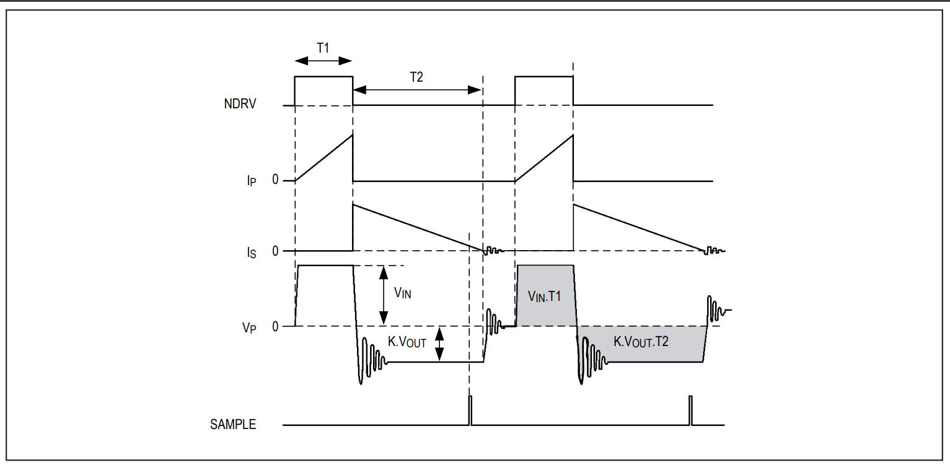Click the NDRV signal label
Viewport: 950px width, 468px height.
click(x=240, y=104)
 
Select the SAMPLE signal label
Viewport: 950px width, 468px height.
click(x=233, y=425)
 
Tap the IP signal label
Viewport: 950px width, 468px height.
click(x=252, y=181)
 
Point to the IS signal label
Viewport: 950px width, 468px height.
click(x=252, y=253)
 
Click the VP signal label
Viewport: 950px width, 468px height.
click(x=249, y=328)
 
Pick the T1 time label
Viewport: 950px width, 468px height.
click(x=323, y=48)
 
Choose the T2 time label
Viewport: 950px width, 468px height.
click(x=416, y=77)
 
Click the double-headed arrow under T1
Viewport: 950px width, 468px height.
click(x=323, y=61)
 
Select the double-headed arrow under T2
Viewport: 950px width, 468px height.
click(x=417, y=90)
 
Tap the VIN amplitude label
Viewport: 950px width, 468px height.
click(x=402, y=293)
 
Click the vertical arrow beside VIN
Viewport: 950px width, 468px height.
click(x=384, y=295)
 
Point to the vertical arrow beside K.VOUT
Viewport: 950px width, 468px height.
click(x=440, y=344)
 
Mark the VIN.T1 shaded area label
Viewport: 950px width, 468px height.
click(x=544, y=296)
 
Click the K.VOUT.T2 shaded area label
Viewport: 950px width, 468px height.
click(x=641, y=341)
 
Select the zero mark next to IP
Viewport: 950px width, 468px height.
click(x=275, y=180)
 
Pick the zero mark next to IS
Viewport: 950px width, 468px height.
click(x=275, y=251)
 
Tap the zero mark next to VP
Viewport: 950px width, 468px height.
click(x=275, y=326)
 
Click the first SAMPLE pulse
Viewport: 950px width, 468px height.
click(x=470, y=410)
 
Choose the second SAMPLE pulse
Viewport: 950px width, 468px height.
click(x=690, y=410)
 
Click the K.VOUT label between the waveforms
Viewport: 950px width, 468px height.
click(x=407, y=342)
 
